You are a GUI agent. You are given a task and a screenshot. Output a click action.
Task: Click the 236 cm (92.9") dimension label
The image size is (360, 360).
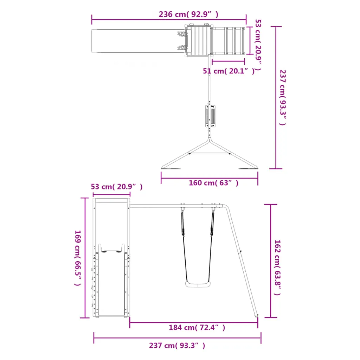tap(188, 14)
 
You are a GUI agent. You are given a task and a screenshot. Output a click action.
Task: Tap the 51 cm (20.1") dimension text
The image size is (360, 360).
tap(229, 71)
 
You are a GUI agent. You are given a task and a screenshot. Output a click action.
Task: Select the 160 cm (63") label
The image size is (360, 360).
tap(213, 183)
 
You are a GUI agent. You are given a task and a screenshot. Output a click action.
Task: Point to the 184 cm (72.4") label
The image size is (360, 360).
tap(197, 327)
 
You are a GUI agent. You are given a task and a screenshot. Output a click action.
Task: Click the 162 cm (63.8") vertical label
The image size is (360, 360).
tap(278, 268)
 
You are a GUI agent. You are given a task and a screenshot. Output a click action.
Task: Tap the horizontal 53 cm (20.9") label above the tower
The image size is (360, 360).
tap(117, 187)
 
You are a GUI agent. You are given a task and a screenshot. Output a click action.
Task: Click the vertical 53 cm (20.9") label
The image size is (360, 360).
tap(258, 45)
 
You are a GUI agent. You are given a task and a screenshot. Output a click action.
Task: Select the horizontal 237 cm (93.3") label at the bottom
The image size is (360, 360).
tap(177, 346)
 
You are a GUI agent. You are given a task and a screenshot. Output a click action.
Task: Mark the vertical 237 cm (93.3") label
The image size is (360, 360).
tap(283, 98)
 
